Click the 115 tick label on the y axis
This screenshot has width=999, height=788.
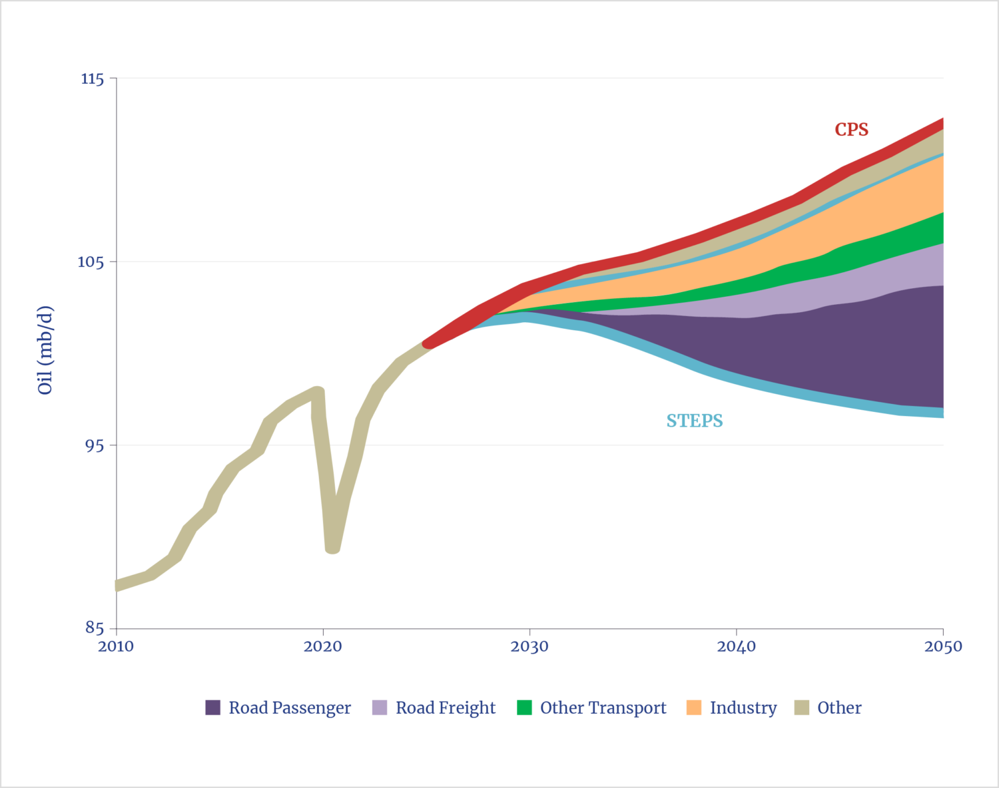click(x=93, y=79)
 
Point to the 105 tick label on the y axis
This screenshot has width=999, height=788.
click(x=92, y=262)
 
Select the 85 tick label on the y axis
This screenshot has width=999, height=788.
click(x=94, y=628)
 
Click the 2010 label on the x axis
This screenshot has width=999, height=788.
click(x=116, y=646)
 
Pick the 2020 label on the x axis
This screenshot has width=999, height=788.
click(x=323, y=646)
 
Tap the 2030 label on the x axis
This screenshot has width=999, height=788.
click(x=530, y=646)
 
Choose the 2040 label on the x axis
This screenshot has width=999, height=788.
click(x=737, y=646)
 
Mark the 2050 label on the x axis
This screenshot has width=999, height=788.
click(x=943, y=646)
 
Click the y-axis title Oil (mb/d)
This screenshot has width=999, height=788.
click(x=45, y=351)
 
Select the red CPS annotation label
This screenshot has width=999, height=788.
click(x=852, y=130)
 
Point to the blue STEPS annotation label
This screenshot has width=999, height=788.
click(x=695, y=421)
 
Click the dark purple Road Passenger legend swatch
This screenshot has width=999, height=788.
click(x=213, y=707)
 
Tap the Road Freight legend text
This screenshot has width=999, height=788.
click(x=446, y=707)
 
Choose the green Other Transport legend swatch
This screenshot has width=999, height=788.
click(x=525, y=707)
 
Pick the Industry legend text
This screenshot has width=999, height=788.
click(x=743, y=707)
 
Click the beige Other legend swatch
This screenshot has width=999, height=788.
click(x=802, y=707)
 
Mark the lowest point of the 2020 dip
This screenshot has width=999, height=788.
click(x=333, y=550)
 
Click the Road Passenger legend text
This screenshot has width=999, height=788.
click(x=290, y=707)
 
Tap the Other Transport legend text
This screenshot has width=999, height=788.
click(x=603, y=707)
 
